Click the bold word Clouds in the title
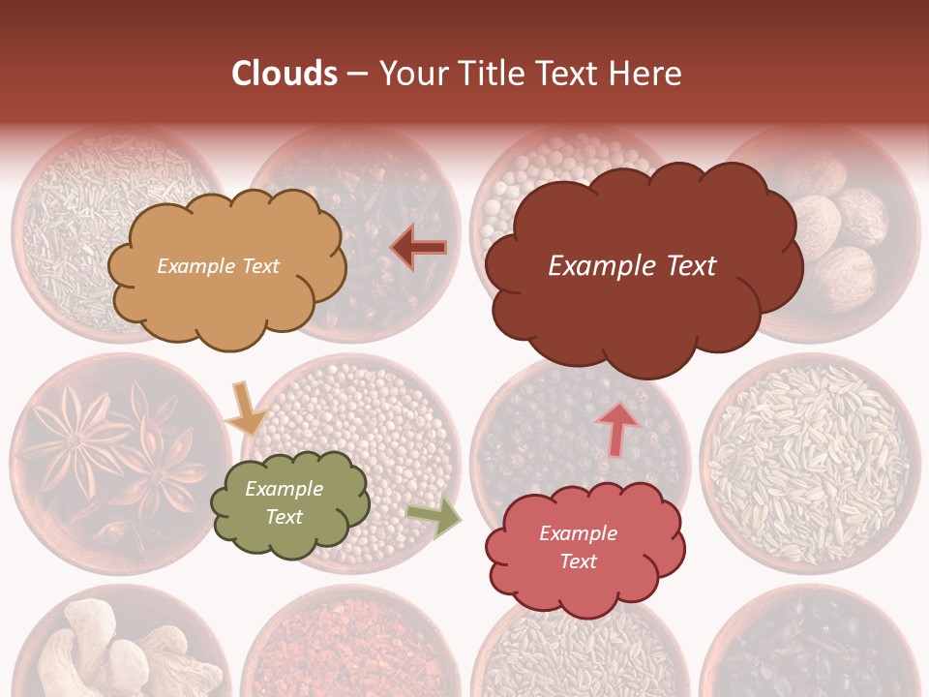tap(285, 73)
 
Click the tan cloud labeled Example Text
tap(225, 267)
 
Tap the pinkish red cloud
tap(585, 547)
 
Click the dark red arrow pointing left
tap(419, 248)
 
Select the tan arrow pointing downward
tap(244, 408)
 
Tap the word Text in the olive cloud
tap(285, 517)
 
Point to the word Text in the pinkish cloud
tap(578, 561)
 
